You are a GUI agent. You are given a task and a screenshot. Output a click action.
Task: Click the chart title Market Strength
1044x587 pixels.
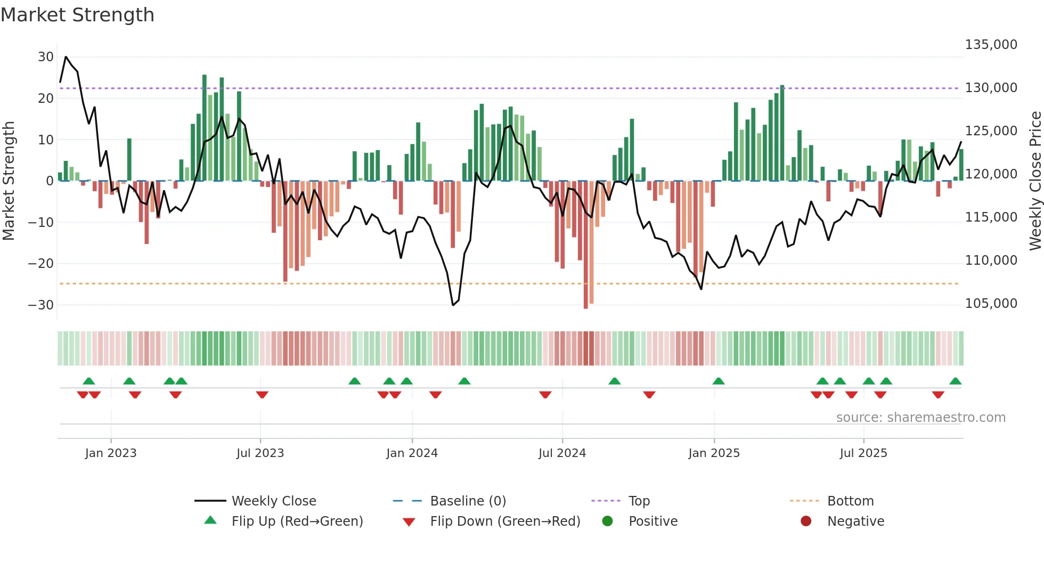pyautogui.click(x=77, y=15)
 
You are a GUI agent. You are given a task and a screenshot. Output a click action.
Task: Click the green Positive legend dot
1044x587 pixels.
pyautogui.click(x=607, y=521)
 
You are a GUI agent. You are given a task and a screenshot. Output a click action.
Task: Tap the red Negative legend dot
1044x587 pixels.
pyautogui.click(x=806, y=521)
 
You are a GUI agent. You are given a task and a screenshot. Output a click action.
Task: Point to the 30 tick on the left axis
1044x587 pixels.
pyautogui.click(x=46, y=57)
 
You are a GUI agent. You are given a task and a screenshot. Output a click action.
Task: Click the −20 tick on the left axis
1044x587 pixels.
pyautogui.click(x=40, y=264)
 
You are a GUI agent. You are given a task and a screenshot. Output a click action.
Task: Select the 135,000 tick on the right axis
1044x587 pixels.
pyautogui.click(x=991, y=45)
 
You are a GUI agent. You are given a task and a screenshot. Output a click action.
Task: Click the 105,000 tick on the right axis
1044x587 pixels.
pyautogui.click(x=991, y=304)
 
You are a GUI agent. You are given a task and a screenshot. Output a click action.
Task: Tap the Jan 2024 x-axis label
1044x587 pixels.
pyautogui.click(x=412, y=453)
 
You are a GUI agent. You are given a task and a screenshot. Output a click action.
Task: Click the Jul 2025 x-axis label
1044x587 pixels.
pyautogui.click(x=863, y=453)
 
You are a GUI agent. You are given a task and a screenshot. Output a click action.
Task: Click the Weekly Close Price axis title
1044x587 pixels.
pyautogui.click(x=1035, y=181)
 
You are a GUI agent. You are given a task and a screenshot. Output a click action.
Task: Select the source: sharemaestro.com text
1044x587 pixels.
pyautogui.click(x=920, y=418)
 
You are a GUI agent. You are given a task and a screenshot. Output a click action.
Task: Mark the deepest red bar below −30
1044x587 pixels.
pyautogui.click(x=585, y=245)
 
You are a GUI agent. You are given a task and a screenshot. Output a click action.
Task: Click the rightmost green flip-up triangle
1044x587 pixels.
pyautogui.click(x=955, y=381)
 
